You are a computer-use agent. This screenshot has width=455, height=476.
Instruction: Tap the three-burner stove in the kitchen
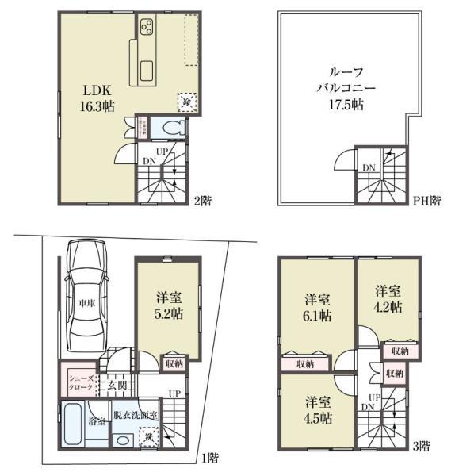(x=147, y=29)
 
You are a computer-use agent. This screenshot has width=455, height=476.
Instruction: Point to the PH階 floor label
(x=426, y=202)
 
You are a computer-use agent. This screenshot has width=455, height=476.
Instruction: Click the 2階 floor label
(x=205, y=202)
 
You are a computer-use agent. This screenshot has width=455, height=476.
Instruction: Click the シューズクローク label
(x=80, y=382)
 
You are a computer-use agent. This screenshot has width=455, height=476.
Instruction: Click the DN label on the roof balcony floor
(x=369, y=167)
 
